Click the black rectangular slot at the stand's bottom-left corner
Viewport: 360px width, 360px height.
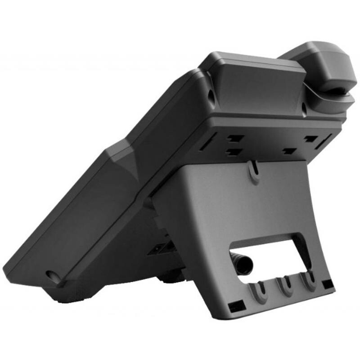pyautogui.click(x=235, y=308)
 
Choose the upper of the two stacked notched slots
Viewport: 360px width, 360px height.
pyautogui.click(x=235, y=138)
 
